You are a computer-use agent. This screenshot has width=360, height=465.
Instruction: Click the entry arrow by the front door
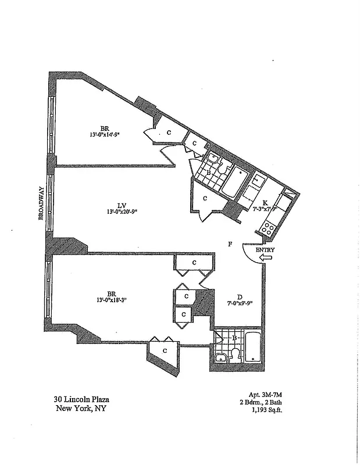pyautogui.click(x=266, y=257)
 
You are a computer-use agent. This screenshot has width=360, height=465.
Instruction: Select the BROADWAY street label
pyautogui.click(x=41, y=202)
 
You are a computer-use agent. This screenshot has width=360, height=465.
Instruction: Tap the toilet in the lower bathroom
pyautogui.click(x=236, y=355)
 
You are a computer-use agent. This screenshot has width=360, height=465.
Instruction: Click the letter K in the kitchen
pyautogui.click(x=265, y=203)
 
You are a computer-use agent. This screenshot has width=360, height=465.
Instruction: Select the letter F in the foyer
pyautogui.click(x=230, y=244)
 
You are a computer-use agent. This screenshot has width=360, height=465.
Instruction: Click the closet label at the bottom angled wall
pyautogui.click(x=165, y=350)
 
